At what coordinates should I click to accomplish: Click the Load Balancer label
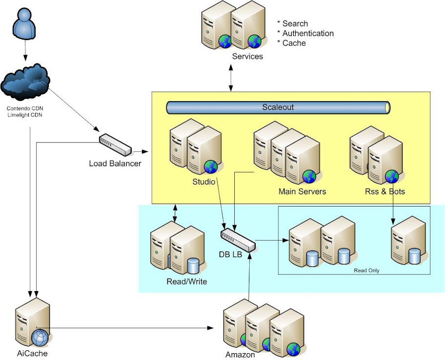115,163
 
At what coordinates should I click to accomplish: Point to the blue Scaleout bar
278,107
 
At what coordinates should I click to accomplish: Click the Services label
247,56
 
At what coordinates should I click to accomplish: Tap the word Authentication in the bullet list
308,33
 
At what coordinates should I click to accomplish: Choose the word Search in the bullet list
295,23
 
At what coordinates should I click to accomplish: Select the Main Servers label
302,191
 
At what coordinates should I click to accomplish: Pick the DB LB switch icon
237,240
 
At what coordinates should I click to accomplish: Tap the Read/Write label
187,282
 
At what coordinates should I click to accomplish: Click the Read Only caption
367,270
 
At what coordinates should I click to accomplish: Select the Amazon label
240,355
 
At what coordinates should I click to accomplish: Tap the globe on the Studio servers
211,167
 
